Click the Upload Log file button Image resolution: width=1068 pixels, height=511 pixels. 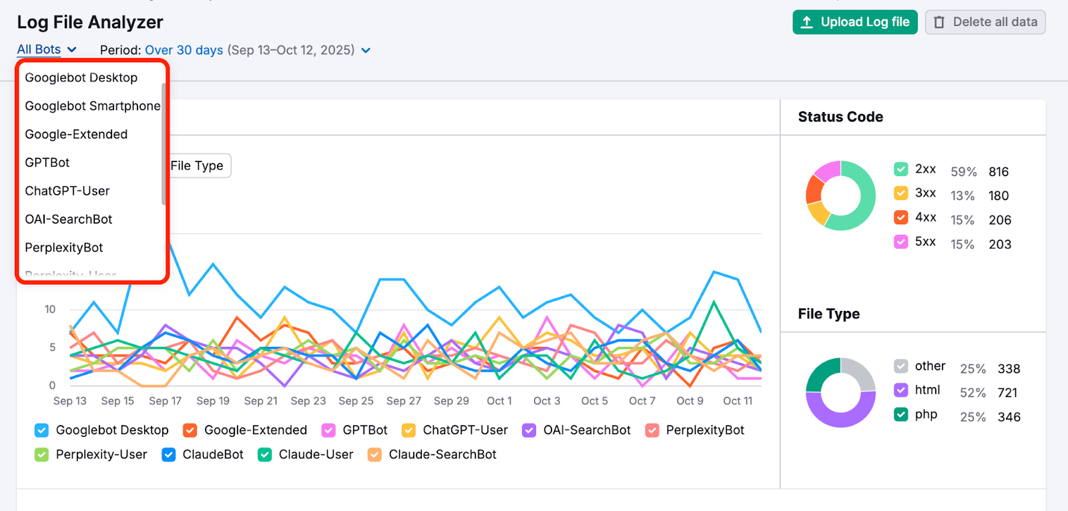pos(854,22)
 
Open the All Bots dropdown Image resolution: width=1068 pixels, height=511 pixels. pos(46,49)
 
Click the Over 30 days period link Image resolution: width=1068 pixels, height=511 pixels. pos(184,50)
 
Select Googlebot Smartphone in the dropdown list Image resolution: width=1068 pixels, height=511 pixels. pos(92,106)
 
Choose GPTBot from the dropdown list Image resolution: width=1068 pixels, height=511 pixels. pos(47,163)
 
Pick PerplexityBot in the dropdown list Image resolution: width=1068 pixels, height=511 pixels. pos(64,247)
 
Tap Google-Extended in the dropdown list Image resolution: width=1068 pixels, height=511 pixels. pos(76,134)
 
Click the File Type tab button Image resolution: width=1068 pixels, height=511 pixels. pos(197,165)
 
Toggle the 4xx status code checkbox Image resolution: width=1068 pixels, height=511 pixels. pos(900,217)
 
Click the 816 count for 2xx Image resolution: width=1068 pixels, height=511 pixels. pos(999,171)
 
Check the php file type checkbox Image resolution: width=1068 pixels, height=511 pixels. pos(900,414)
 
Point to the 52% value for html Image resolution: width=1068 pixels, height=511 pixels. pos(973,393)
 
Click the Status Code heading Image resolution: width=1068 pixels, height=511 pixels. pos(840,117)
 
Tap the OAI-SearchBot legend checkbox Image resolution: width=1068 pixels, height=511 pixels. pos(529,430)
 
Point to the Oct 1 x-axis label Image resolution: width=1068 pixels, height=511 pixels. pos(499,401)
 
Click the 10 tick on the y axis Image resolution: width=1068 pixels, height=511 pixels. pos(50,309)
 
